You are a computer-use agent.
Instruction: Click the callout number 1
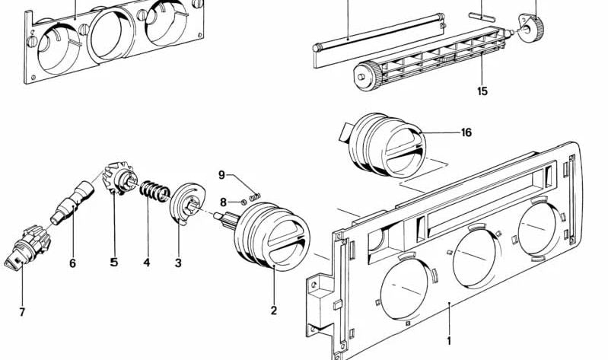click(x=449, y=340)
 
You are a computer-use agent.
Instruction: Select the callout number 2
click(x=274, y=311)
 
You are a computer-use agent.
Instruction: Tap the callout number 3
click(x=178, y=263)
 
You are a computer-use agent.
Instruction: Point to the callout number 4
click(x=146, y=263)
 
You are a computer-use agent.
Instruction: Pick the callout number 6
click(x=72, y=263)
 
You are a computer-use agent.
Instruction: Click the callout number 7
click(x=22, y=313)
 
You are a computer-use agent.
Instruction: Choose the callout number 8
click(x=223, y=202)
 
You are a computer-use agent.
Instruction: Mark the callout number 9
click(x=222, y=174)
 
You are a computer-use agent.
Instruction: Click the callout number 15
click(x=482, y=91)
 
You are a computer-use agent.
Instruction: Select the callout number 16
click(x=466, y=132)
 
